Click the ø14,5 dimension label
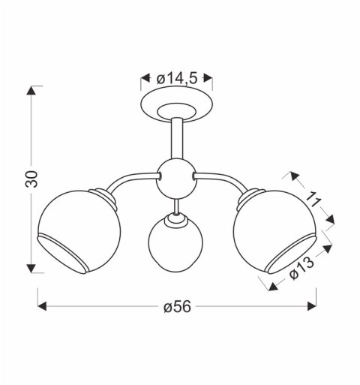point(177,79)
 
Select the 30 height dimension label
point(31,179)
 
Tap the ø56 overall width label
point(177,306)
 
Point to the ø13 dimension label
point(301,268)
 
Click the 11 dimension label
point(313,200)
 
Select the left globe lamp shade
point(79,231)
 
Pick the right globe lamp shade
point(275,231)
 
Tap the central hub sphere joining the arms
point(176,179)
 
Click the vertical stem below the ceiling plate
point(177,138)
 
